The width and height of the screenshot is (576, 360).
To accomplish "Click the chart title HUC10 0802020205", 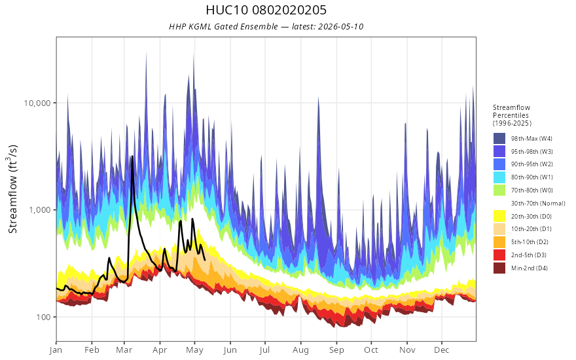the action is (266, 10).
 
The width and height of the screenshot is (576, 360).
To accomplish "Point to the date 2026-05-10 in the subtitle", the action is (340, 26).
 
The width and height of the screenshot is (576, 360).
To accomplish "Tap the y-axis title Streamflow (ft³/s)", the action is (13, 189).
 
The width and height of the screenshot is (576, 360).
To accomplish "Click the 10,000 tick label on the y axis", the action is (37, 103).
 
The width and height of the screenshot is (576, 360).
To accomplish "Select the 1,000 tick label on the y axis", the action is (40, 209).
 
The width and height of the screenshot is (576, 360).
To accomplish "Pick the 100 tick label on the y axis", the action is (43, 317).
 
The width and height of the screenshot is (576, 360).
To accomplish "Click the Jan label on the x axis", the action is (56, 350).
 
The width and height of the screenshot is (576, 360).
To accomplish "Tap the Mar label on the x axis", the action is (124, 350).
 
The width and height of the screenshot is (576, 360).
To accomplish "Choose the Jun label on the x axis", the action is (230, 350).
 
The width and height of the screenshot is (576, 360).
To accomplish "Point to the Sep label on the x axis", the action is (336, 350).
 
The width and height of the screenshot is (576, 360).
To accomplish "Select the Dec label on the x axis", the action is (442, 350).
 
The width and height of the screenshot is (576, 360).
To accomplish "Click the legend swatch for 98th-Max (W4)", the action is (499, 139).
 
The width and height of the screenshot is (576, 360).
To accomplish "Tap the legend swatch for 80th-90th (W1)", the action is (499, 177).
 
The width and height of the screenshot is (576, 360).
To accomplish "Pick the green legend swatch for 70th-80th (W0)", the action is (499, 190).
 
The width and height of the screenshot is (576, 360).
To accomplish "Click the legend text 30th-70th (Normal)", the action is (538, 203).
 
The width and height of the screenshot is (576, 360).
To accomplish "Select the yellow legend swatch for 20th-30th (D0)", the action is (499, 216).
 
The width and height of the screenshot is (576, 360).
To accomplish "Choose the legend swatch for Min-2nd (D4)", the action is (499, 268).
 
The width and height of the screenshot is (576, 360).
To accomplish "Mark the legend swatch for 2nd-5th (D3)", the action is (499, 255).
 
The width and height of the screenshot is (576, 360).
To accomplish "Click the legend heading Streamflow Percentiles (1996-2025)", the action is (512, 115).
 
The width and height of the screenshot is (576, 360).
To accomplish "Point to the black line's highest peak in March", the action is (132, 156).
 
